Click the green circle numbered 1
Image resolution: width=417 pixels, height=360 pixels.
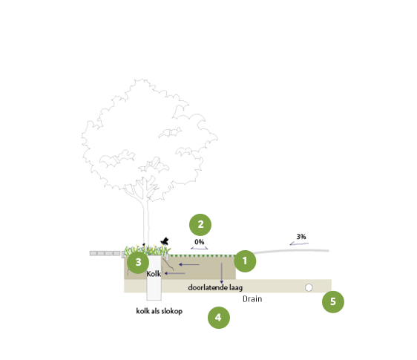click(x=245, y=261)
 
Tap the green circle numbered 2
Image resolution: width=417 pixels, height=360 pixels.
click(x=200, y=225)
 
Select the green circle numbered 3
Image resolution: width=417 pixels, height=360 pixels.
click(x=138, y=262)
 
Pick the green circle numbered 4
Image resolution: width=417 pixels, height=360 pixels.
click(x=219, y=318)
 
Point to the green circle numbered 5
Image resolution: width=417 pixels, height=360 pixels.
click(x=333, y=301)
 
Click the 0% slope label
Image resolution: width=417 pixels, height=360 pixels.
click(x=200, y=242)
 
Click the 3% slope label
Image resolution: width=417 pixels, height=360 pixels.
click(x=301, y=236)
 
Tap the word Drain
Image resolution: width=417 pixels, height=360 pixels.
click(x=252, y=299)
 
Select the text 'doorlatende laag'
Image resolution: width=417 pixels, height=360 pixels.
click(x=215, y=287)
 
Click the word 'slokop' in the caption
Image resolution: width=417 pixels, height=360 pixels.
click(x=172, y=311)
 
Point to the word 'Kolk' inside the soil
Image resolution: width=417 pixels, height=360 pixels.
click(x=154, y=273)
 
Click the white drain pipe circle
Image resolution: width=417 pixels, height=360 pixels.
click(x=309, y=287)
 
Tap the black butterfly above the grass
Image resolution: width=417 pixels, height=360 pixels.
click(x=165, y=241)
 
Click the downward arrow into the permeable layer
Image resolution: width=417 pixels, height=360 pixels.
click(x=222, y=273)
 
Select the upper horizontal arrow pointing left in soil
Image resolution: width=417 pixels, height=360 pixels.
click(x=189, y=264)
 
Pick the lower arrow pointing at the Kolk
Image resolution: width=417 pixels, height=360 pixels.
click(x=174, y=273)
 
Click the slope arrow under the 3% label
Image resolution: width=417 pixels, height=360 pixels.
click(x=299, y=243)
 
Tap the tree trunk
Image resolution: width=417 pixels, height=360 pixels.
click(x=145, y=223)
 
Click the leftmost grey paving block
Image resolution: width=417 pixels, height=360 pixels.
click(x=93, y=253)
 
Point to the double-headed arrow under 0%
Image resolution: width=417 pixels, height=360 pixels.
click(x=200, y=249)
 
